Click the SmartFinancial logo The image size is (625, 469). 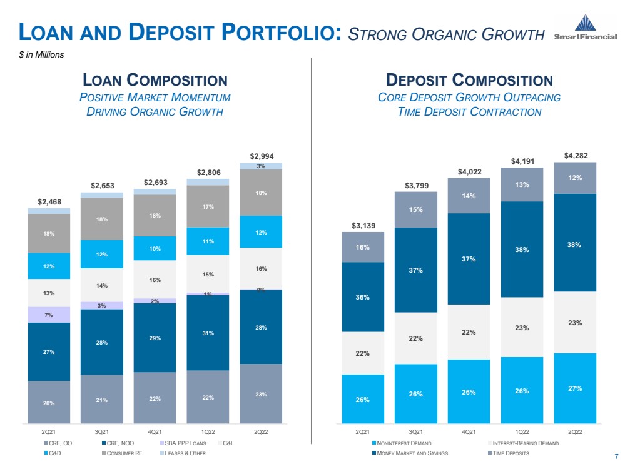585,27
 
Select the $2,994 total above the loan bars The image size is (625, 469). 262,156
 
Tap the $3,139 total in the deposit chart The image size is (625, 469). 363,226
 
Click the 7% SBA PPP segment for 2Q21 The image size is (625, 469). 49,315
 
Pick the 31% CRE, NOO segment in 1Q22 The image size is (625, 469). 208,333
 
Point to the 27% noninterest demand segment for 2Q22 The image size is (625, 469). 575,388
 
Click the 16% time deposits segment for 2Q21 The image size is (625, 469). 363,247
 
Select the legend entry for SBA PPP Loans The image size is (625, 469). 183,443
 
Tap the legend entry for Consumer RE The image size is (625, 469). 122,453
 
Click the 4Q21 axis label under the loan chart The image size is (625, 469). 155,432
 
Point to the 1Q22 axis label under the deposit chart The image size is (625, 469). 522,432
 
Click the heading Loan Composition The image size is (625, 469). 155,80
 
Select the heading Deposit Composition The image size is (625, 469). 469,80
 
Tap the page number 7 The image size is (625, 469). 616,456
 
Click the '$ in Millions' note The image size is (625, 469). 41,54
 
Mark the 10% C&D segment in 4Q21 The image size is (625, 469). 155,248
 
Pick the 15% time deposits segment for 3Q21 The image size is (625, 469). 416,209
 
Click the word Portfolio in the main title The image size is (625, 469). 282,32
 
